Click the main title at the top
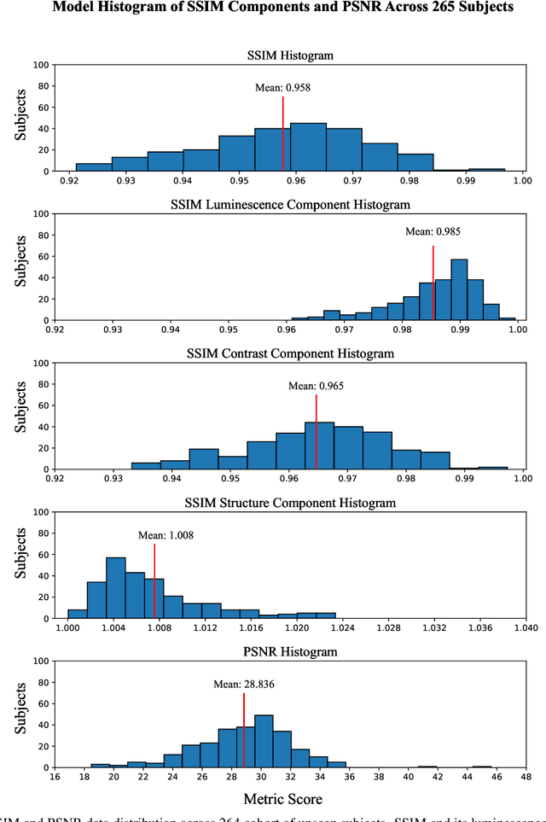pyautogui.click(x=273, y=10)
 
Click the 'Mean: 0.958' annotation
pyautogui.click(x=282, y=87)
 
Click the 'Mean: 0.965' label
pyautogui.click(x=317, y=386)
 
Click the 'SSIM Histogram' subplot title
pyautogui.click(x=290, y=55)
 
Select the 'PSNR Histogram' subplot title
pyautogui.click(x=290, y=651)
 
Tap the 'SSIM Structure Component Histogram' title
pyautogui.click(x=290, y=503)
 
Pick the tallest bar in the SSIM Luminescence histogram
pyautogui.click(x=459, y=289)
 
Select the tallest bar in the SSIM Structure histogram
pyautogui.click(x=115, y=587)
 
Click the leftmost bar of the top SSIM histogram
pyautogui.click(x=93, y=167)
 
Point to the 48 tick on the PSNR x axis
pyautogui.click(x=526, y=778)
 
